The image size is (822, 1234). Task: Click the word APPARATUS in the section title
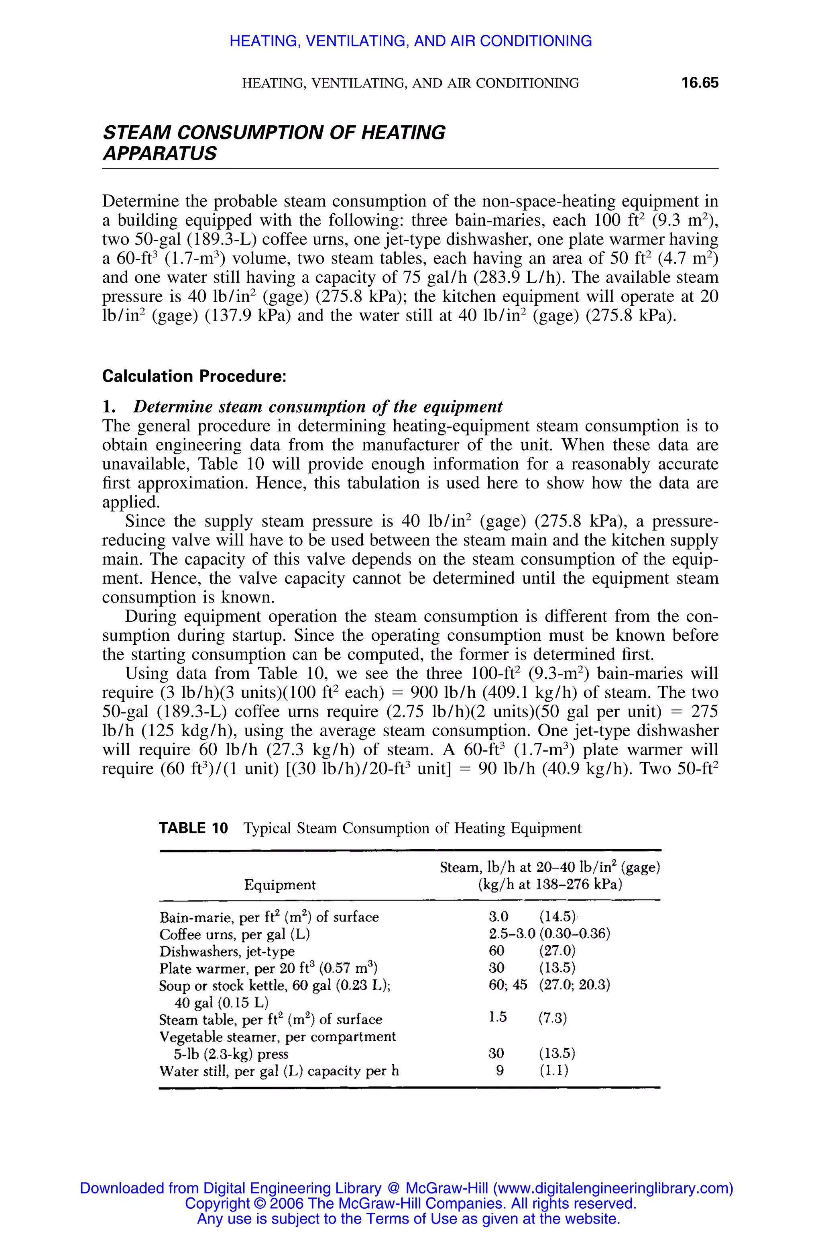tap(159, 154)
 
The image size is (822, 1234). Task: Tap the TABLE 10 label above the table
tap(193, 828)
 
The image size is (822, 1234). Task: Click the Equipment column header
tap(279, 885)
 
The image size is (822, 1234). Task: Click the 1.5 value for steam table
tap(498, 1017)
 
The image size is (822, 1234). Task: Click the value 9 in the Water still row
tap(500, 1070)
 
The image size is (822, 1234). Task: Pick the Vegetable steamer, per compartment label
tap(277, 1037)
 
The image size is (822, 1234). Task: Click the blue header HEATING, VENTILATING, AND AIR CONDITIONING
tap(411, 41)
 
